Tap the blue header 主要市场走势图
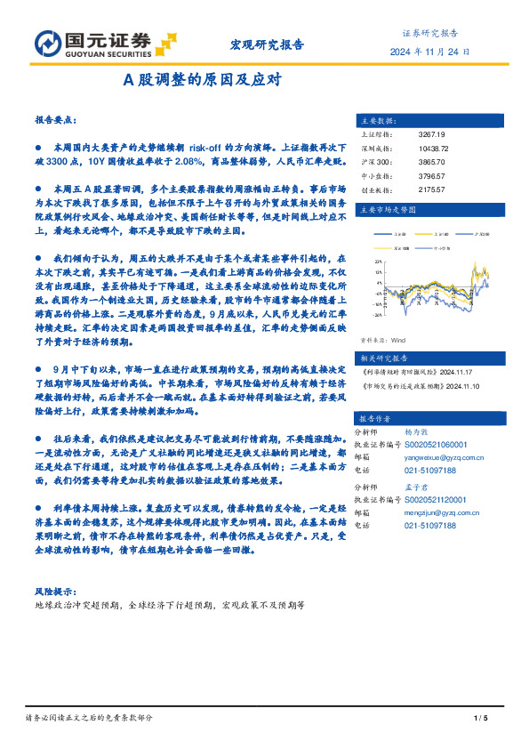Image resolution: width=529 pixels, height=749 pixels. tap(384, 210)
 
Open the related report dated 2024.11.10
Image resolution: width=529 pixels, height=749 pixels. tap(419, 387)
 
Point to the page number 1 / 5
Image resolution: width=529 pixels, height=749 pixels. tap(482, 718)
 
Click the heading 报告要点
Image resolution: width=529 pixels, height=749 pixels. tap(54, 118)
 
